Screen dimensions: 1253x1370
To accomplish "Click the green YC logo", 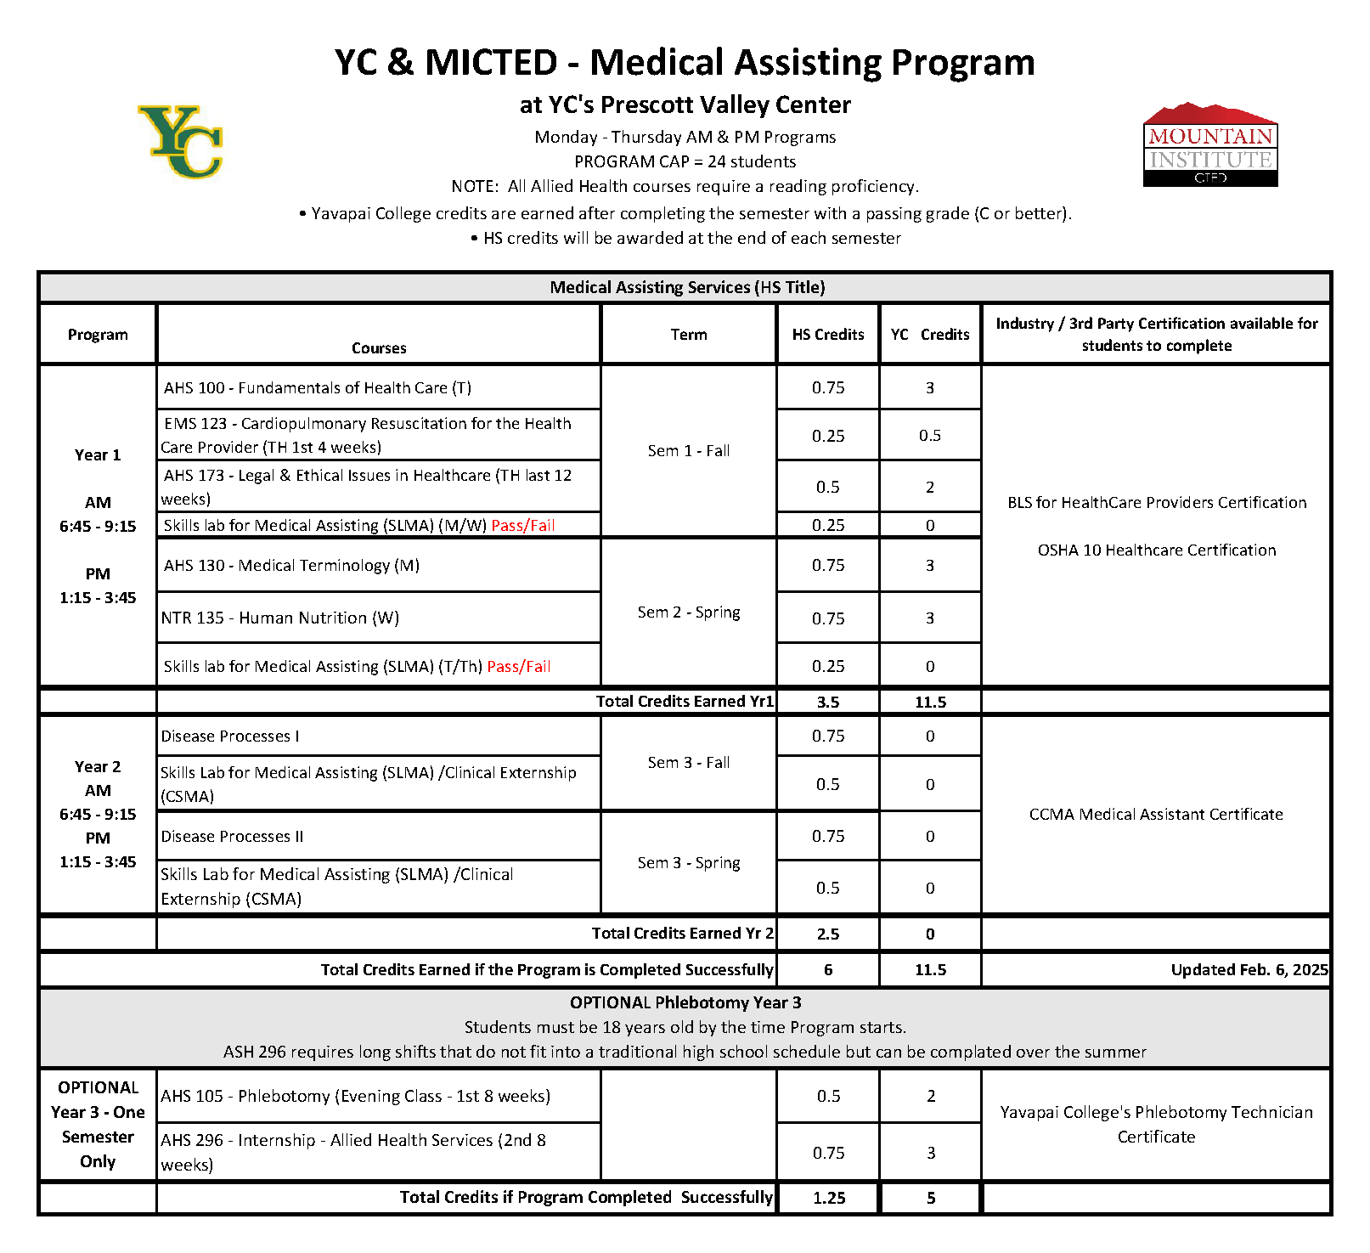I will [x=181, y=142].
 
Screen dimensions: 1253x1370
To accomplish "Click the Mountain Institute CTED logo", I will [x=1209, y=145].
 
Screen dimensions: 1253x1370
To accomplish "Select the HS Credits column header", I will [x=828, y=335].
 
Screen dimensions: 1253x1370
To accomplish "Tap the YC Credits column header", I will [x=930, y=335].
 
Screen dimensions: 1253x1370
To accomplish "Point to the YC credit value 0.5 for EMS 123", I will [x=930, y=436].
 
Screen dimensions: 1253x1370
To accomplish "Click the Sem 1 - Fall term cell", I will [x=689, y=451].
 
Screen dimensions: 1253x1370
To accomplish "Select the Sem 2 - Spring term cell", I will [x=689, y=612].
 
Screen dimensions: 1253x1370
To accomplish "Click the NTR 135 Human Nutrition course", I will [x=280, y=618].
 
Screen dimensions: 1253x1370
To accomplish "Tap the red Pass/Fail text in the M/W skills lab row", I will [x=523, y=526].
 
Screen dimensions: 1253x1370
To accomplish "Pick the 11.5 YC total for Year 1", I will [x=930, y=703].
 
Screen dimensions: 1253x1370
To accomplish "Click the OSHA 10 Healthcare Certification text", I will [x=1156, y=550].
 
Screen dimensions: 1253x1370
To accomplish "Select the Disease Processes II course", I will [x=233, y=837].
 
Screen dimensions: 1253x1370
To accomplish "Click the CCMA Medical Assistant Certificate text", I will [x=1156, y=815].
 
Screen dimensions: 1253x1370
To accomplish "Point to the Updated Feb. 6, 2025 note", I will [x=1249, y=970].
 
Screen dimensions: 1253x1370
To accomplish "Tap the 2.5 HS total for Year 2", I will [x=828, y=934].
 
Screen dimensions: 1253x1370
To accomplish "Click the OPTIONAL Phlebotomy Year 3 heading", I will [x=685, y=1003].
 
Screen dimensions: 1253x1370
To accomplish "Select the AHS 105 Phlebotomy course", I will [x=356, y=1097].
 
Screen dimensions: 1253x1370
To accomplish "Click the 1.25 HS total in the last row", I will [x=829, y=1199].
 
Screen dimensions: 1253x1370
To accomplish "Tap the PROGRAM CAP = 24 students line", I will [x=685, y=161].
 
